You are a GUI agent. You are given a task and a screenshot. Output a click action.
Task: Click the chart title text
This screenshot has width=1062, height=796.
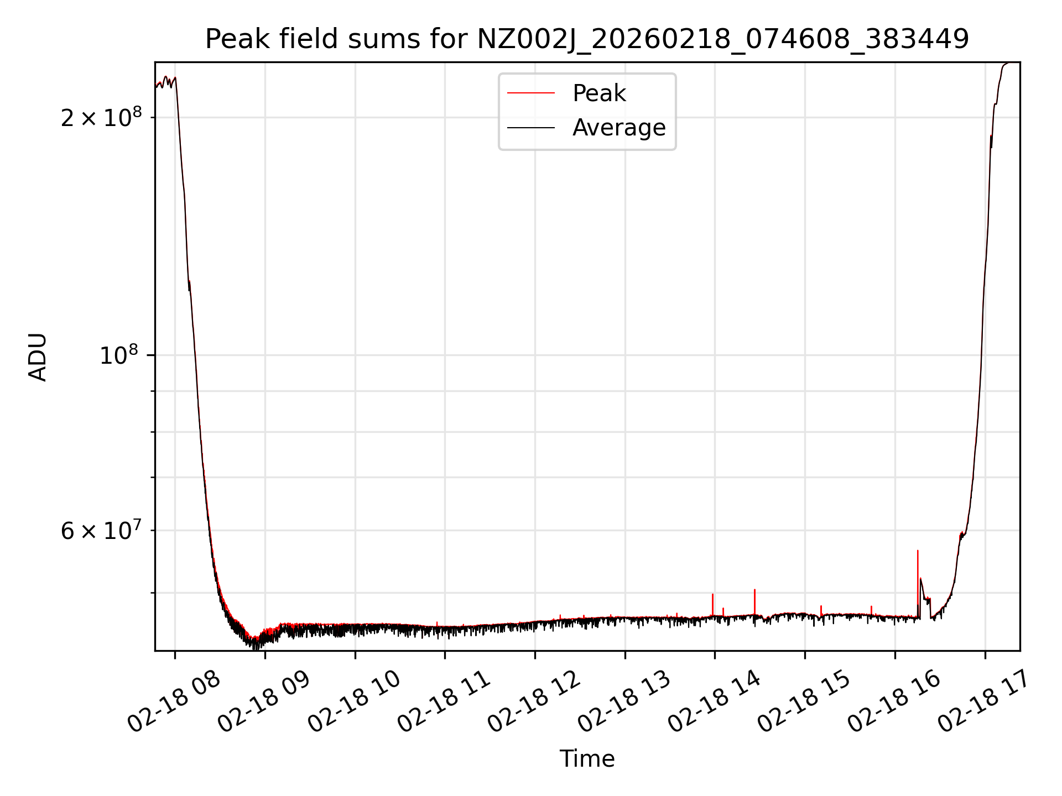(x=587, y=39)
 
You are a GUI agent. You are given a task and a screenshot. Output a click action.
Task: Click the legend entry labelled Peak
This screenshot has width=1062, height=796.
(x=599, y=93)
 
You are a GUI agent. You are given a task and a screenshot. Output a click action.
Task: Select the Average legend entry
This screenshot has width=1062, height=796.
(x=618, y=128)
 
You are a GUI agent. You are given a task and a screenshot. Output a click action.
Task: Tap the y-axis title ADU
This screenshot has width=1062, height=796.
(x=38, y=357)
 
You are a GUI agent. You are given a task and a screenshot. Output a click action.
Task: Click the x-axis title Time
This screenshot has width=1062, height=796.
(x=587, y=759)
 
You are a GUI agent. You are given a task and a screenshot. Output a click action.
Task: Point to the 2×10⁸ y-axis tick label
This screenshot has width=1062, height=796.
(x=101, y=118)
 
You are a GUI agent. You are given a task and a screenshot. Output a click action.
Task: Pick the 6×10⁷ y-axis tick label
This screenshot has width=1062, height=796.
(x=101, y=531)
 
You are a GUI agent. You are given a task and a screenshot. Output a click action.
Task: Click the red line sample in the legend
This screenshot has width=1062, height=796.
(x=530, y=93)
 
